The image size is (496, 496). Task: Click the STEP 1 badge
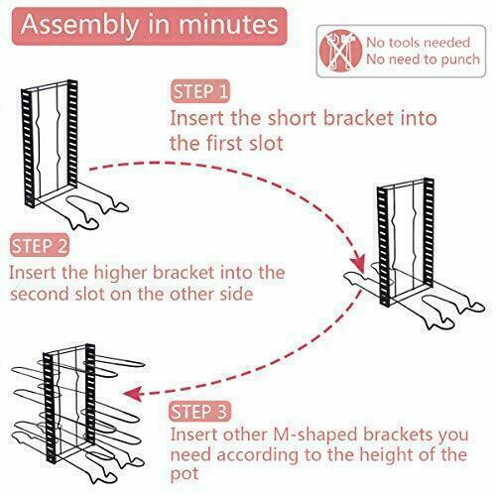coord(199,93)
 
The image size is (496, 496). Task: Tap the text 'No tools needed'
coord(417,42)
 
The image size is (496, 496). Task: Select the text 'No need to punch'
coord(422,60)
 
